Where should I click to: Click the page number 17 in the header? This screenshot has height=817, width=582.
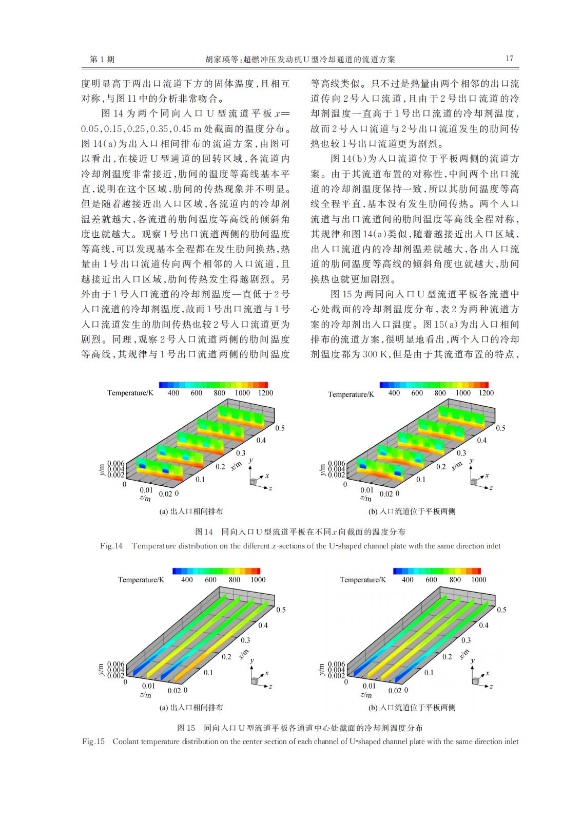[x=509, y=59]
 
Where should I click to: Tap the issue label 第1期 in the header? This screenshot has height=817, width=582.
[x=102, y=60]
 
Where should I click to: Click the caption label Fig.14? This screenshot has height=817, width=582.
[x=111, y=546]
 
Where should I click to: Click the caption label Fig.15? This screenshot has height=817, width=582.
[x=93, y=742]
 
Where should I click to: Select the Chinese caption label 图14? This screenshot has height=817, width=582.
[x=204, y=532]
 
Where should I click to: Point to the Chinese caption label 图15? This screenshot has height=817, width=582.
[x=186, y=728]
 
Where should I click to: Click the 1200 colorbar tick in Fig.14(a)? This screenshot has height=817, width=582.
[x=265, y=393]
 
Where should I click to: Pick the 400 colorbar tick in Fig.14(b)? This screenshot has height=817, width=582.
[x=394, y=393]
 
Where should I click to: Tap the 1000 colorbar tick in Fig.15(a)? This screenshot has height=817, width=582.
[x=258, y=580]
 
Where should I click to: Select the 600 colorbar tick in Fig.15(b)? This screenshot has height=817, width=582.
[x=431, y=580]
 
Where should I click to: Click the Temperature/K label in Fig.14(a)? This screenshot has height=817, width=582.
[x=130, y=393]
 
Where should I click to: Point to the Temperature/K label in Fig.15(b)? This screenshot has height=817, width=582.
[x=363, y=580]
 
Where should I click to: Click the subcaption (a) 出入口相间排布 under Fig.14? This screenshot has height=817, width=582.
[x=191, y=511]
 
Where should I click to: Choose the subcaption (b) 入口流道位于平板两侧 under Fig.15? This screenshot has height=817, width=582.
[x=412, y=708]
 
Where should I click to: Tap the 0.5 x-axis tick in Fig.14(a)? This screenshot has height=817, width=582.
[x=280, y=428]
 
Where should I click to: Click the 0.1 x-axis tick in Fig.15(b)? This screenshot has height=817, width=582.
[x=429, y=672]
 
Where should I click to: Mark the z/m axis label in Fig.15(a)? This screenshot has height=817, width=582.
[x=145, y=695]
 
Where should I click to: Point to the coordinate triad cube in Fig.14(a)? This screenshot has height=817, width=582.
[x=253, y=481]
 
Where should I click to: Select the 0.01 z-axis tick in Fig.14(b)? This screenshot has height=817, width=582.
[x=366, y=490]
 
